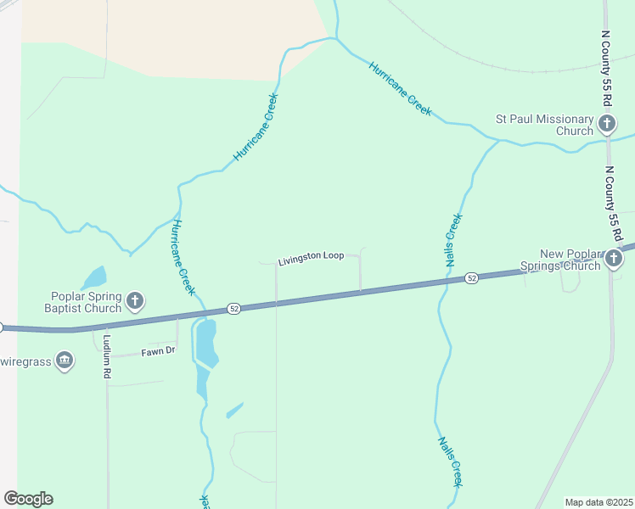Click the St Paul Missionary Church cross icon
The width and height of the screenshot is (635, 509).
606,125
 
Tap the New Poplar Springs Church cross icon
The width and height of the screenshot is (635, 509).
614,259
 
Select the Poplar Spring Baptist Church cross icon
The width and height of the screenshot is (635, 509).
134,300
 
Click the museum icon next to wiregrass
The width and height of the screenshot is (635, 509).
65,361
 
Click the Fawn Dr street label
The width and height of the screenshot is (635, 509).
158,350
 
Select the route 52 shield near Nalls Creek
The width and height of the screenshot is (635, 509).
471,278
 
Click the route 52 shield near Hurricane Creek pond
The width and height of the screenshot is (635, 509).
234,309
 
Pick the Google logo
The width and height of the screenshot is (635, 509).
28,499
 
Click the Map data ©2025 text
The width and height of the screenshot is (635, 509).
598,502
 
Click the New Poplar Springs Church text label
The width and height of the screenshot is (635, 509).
570,259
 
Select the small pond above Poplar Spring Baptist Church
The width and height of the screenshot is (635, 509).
93,277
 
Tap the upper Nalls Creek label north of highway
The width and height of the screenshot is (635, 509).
454,242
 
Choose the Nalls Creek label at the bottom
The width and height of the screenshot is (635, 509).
451,461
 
